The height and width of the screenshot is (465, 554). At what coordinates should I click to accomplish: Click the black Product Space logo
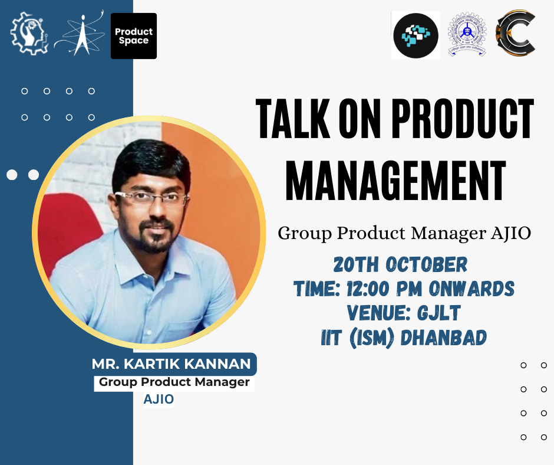click(134, 36)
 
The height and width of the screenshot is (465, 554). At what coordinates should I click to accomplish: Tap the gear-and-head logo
click(29, 33)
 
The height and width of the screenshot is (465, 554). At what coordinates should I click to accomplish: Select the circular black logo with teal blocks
click(415, 35)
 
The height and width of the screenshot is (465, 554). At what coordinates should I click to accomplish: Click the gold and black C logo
click(516, 32)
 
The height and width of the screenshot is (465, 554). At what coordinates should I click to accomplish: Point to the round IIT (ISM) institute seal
click(467, 34)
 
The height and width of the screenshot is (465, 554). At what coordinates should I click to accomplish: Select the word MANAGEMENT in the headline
click(395, 181)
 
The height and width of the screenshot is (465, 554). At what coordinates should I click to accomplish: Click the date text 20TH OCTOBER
click(400, 265)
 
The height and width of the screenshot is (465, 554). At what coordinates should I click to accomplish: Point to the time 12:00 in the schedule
click(368, 289)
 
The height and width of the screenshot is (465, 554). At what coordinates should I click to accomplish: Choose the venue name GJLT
click(439, 313)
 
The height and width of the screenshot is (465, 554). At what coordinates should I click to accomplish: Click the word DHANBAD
click(444, 338)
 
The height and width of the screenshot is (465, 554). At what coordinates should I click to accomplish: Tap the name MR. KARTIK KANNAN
click(172, 364)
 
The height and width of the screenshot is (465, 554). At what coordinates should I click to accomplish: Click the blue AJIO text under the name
click(159, 399)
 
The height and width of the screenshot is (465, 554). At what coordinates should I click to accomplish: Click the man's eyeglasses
click(151, 197)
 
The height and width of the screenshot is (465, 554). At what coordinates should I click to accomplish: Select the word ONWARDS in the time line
click(471, 289)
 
